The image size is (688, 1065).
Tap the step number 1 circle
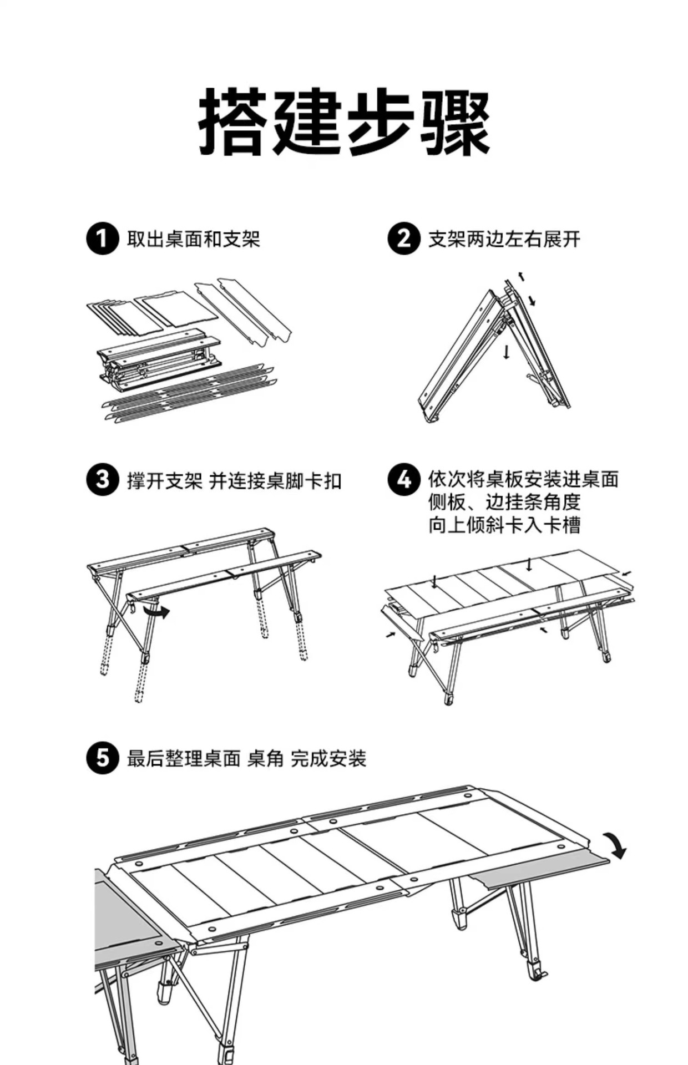click(103, 239)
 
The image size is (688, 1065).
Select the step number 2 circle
click(403, 239)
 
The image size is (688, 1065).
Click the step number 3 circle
click(103, 480)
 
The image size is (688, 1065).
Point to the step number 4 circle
click(403, 480)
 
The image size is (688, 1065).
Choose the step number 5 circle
click(103, 758)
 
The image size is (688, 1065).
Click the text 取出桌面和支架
click(194, 240)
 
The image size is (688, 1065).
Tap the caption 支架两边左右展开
click(504, 240)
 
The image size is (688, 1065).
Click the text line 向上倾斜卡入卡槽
click(504, 525)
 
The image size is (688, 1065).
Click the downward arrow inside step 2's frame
click(506, 352)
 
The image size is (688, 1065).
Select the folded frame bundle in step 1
click(159, 358)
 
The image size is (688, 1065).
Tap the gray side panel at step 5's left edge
click(125, 924)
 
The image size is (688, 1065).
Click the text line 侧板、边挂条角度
click(504, 503)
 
